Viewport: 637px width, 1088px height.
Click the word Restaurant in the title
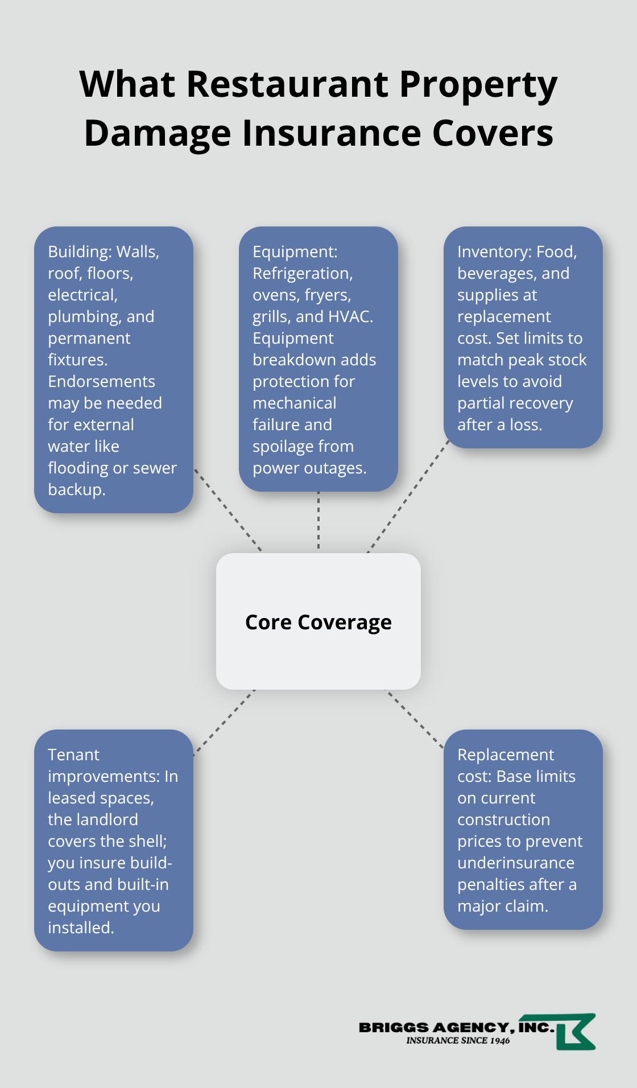[x=287, y=84]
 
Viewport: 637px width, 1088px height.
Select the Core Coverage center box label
[x=318, y=622]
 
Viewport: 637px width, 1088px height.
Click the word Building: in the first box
[x=80, y=252]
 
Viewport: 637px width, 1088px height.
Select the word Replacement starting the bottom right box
[x=505, y=755]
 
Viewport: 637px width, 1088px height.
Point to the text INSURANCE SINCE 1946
[x=458, y=1040]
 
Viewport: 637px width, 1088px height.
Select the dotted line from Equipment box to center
[x=318, y=521]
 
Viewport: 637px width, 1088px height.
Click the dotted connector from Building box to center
[x=227, y=510]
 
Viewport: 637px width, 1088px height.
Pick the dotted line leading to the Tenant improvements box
[x=225, y=723]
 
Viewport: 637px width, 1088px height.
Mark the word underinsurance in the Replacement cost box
[x=516, y=863]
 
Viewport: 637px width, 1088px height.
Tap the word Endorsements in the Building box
[x=101, y=381]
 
